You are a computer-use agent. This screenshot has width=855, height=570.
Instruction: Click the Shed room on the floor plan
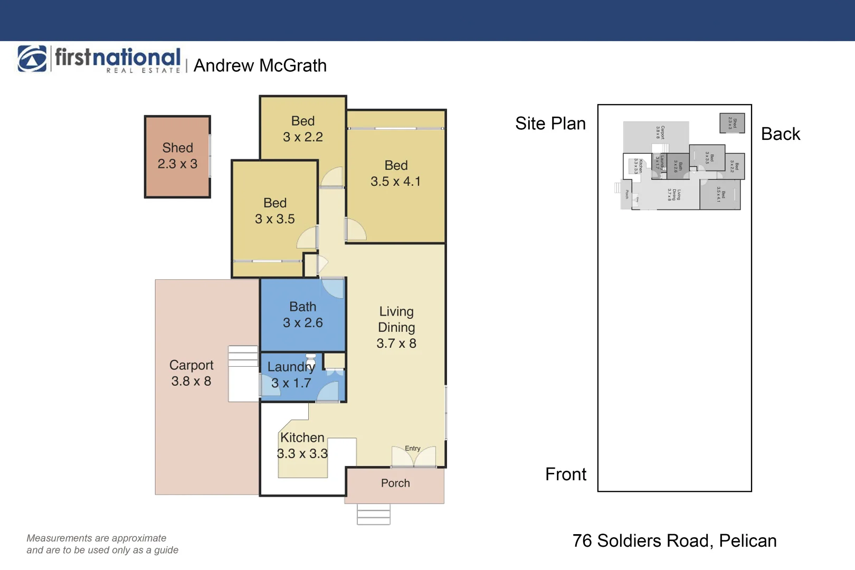(177, 156)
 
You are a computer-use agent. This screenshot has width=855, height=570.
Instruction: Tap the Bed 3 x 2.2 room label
(302, 129)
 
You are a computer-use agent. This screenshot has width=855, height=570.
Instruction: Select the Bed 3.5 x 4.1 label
(396, 174)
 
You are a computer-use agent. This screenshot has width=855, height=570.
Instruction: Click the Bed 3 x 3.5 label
(274, 211)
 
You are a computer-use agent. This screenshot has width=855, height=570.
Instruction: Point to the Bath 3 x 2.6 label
(302, 315)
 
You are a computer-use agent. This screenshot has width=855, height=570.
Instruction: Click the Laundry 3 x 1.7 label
(291, 375)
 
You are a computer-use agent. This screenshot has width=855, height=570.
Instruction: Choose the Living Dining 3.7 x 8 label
(396, 328)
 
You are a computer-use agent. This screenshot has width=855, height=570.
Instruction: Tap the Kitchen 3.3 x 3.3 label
(302, 445)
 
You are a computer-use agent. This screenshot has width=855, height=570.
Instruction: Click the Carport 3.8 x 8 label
(191, 373)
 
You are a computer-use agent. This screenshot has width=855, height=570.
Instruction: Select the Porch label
(395, 483)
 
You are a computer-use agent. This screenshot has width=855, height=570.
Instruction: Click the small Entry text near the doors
(413, 449)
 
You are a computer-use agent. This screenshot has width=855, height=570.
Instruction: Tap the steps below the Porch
(374, 515)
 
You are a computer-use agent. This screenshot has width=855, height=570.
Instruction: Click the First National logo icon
(32, 59)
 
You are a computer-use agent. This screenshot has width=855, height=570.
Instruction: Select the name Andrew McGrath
(260, 66)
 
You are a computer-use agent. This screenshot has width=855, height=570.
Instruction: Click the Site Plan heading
(550, 123)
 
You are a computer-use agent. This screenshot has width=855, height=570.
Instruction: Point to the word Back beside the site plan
(781, 134)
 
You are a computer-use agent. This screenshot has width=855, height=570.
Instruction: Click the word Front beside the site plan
(566, 474)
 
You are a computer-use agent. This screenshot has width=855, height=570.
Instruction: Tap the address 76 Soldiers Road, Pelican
(674, 541)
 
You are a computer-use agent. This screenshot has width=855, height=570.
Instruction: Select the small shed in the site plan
(732, 123)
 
